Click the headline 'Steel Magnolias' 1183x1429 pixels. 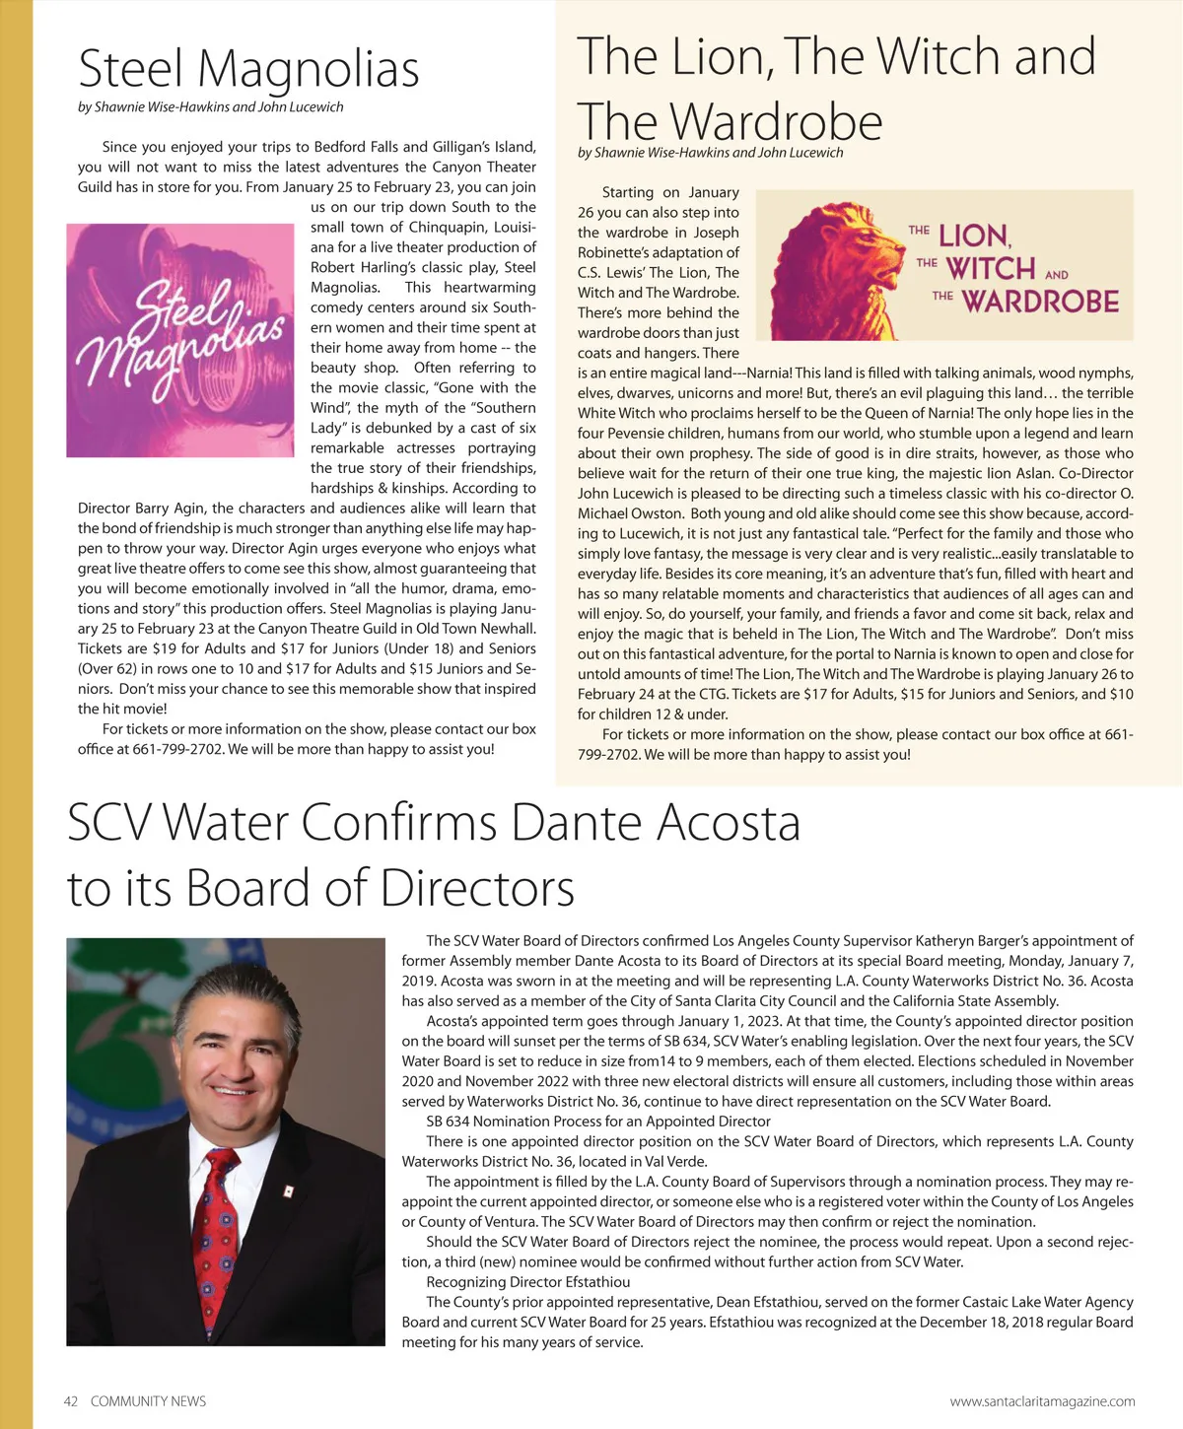pos(248,70)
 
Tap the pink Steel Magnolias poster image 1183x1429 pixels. pos(180,340)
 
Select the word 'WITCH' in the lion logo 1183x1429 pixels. pos(990,268)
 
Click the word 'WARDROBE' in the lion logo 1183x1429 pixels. pos(1040,302)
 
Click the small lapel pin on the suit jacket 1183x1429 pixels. pos(288,1191)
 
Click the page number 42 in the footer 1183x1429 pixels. pos(71,1400)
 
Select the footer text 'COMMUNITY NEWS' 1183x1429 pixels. pos(148,1400)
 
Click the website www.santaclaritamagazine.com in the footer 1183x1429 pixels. pos(1042,1400)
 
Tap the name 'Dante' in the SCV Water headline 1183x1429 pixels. pos(575,822)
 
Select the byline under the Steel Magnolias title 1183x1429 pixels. pos(211,106)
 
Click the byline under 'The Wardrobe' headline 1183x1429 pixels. pos(710,152)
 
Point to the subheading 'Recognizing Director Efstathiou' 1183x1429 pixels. pos(527,1282)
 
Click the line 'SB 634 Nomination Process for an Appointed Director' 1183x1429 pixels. pos(597,1121)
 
